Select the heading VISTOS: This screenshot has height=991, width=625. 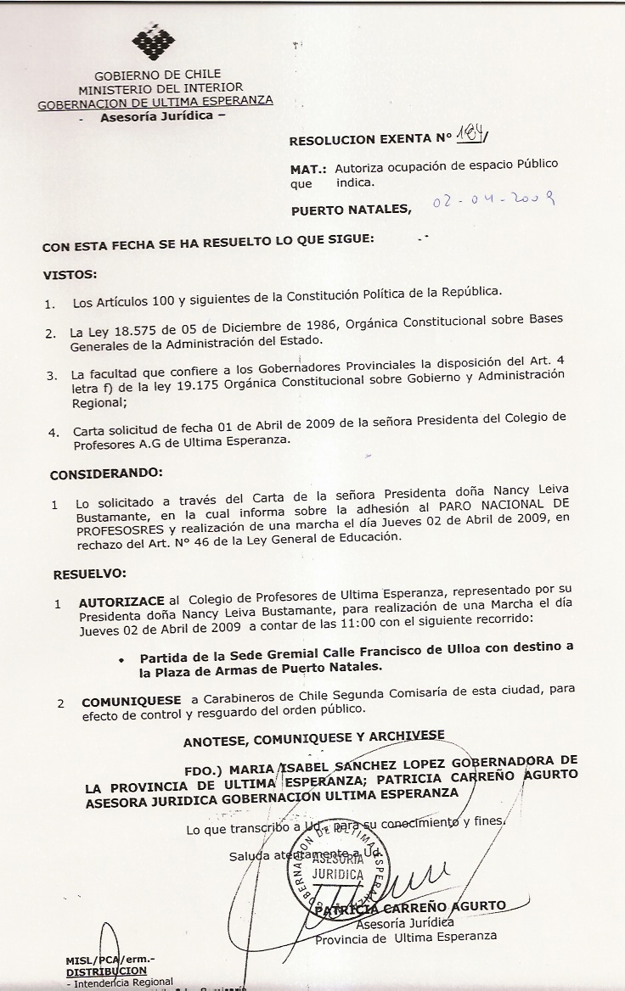[x=70, y=274]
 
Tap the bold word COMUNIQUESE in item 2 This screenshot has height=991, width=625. [x=131, y=701]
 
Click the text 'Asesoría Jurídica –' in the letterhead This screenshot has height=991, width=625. [x=162, y=118]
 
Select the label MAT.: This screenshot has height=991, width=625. [x=308, y=169]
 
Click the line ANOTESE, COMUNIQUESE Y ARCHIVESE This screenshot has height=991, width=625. [x=313, y=741]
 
